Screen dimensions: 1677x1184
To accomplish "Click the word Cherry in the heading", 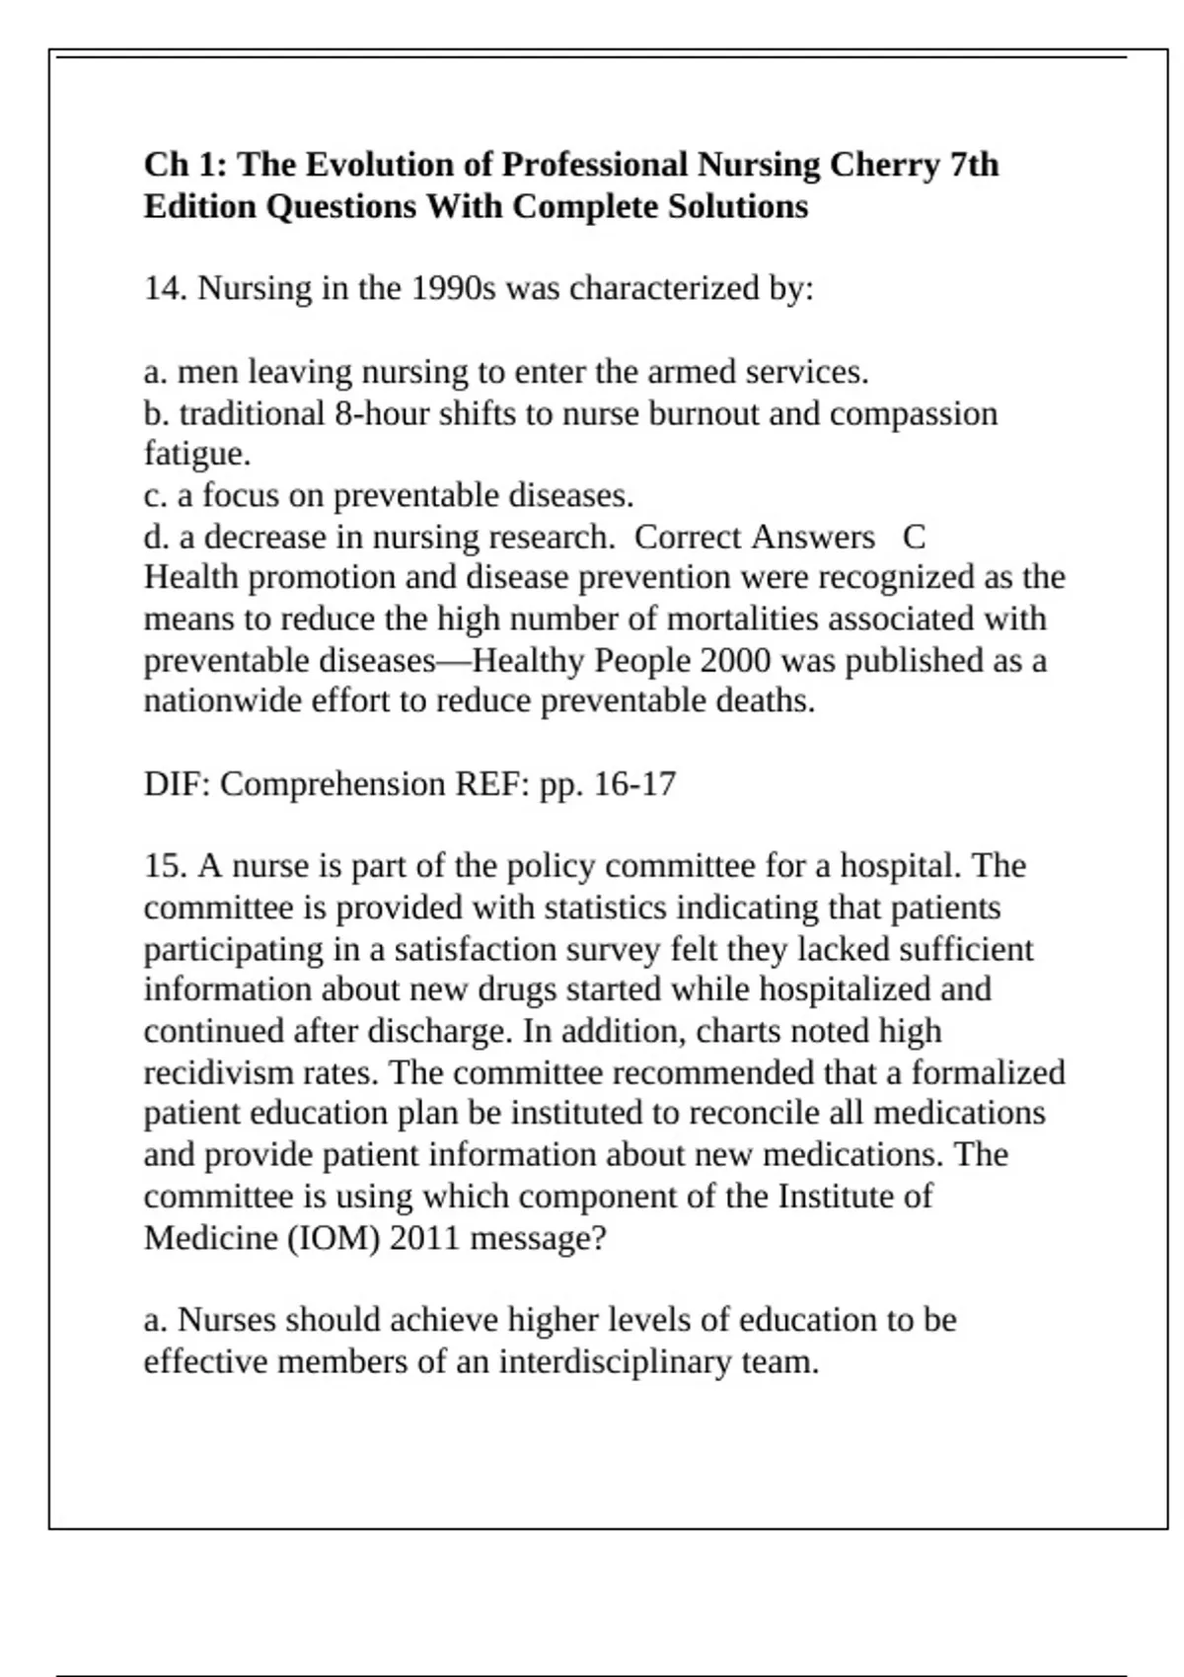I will point(884,165).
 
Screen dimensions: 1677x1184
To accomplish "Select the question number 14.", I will point(165,289).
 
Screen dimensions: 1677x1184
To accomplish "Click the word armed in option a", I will point(691,372).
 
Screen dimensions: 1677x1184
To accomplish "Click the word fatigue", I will point(196,455).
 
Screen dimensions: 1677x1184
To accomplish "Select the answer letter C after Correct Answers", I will point(914,538).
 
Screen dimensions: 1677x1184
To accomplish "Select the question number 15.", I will point(165,866).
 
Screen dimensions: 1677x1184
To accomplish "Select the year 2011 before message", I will point(425,1237).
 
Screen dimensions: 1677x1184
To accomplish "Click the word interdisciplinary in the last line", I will point(616,1362).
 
